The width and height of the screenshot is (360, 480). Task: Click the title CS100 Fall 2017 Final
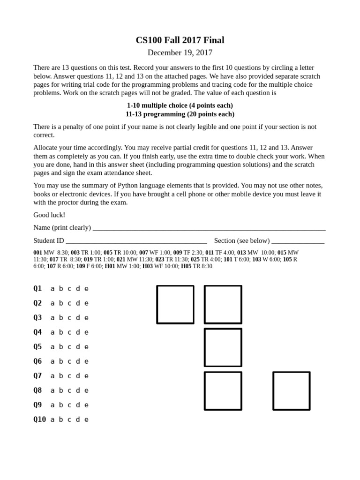pyautogui.click(x=180, y=40)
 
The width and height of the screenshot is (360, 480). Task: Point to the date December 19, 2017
pyautogui.click(x=180, y=52)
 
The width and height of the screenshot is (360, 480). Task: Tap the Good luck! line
pyautogui.click(x=49, y=215)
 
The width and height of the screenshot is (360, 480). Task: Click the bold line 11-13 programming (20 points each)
pyautogui.click(x=180, y=114)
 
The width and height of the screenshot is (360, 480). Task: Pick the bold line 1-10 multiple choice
pyautogui.click(x=180, y=105)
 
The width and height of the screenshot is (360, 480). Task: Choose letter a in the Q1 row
pyautogui.click(x=52, y=289)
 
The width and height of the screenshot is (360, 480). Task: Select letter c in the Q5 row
pyautogui.click(x=69, y=347)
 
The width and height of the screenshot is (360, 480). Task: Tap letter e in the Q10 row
pyautogui.click(x=86, y=420)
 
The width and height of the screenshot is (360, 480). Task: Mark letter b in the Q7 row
pyautogui.click(x=61, y=376)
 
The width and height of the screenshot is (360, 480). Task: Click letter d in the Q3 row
pyautogui.click(x=78, y=318)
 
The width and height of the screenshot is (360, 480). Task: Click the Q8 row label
pyautogui.click(x=37, y=390)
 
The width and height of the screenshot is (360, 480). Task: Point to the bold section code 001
pyautogui.click(x=37, y=253)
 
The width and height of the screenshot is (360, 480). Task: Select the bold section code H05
pyautogui.click(x=186, y=266)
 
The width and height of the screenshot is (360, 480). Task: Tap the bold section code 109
pyautogui.click(x=81, y=266)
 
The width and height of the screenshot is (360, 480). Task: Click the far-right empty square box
pyautogui.click(x=291, y=391)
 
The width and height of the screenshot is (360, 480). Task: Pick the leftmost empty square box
pyautogui.click(x=175, y=305)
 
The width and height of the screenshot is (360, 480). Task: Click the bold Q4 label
pyautogui.click(x=37, y=332)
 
